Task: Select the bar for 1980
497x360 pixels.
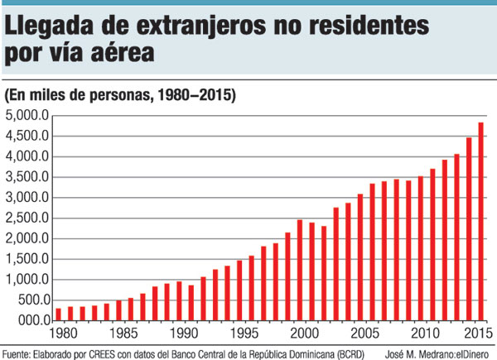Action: pyautogui.click(x=58, y=314)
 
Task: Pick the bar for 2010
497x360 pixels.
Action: pyautogui.click(x=420, y=248)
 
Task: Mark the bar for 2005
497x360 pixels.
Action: pyautogui.click(x=359, y=257)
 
